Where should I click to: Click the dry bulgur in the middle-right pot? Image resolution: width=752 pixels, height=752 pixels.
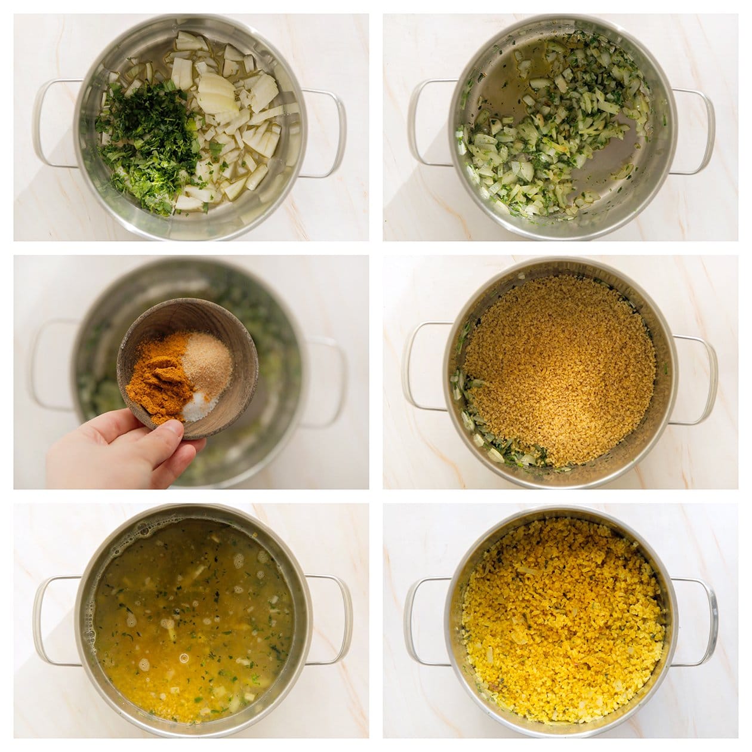(x=561, y=364)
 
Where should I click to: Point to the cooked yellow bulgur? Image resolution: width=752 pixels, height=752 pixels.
(x=561, y=621)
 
